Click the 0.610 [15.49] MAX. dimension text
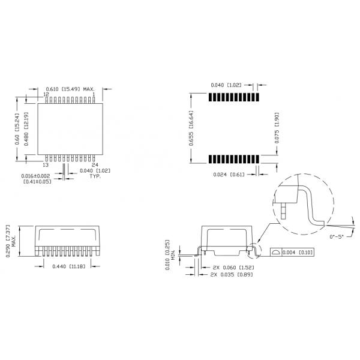tap(71, 89)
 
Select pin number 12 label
tap(46, 95)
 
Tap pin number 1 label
tap(94, 95)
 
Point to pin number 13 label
tap(46, 164)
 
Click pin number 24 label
tap(94, 164)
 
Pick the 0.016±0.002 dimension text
tap(37, 175)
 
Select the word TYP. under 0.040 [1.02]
tap(95, 178)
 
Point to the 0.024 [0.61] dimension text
tap(229, 174)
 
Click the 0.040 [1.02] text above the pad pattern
tap(226, 85)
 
